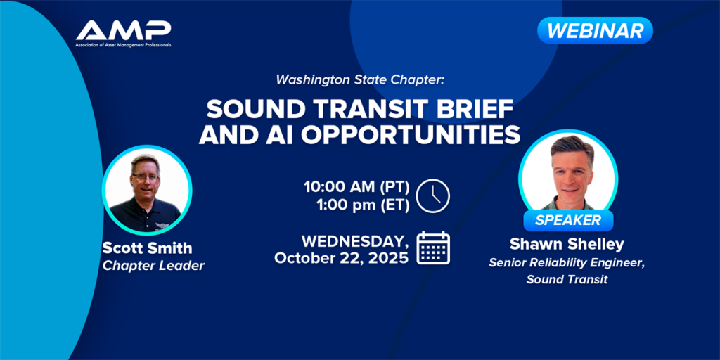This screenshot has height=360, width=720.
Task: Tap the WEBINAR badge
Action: pyautogui.click(x=595, y=31)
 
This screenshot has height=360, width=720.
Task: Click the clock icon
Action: pyautogui.click(x=432, y=195)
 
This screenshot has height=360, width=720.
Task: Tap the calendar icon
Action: pyautogui.click(x=433, y=248)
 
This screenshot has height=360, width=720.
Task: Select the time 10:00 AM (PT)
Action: pyautogui.click(x=356, y=187)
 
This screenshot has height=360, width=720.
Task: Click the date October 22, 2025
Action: pyautogui.click(x=341, y=257)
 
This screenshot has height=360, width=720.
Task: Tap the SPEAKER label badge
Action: pyautogui.click(x=568, y=220)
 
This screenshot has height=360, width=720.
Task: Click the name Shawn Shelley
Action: pyautogui.click(x=567, y=245)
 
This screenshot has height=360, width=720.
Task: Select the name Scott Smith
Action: pyautogui.click(x=147, y=248)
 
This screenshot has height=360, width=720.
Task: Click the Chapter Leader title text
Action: pyautogui.click(x=153, y=265)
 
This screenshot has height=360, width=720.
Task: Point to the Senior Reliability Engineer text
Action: pyautogui.click(x=567, y=263)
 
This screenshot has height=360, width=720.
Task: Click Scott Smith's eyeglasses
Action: pyautogui.click(x=144, y=176)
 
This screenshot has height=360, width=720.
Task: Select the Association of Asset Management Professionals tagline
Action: pyautogui.click(x=124, y=45)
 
